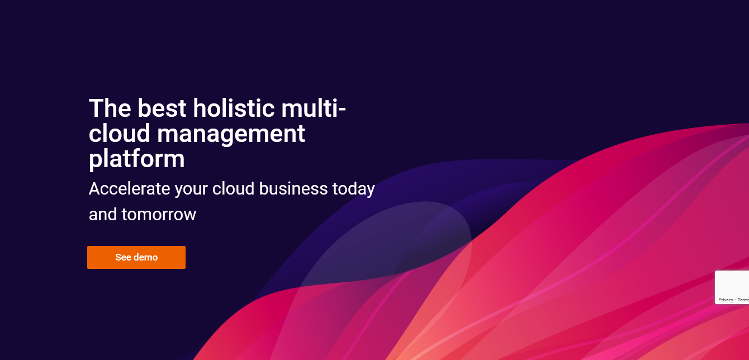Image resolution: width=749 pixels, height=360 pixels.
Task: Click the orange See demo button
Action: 136,257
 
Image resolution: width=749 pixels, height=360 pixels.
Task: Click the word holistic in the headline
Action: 233,107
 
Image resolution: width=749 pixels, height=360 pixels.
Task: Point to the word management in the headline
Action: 231,134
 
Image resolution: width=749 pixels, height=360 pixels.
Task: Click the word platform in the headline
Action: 136,159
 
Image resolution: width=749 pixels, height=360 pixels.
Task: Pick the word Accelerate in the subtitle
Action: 129,189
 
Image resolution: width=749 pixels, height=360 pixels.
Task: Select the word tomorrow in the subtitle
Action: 159,214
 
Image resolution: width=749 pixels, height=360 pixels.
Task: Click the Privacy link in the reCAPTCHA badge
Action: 726,300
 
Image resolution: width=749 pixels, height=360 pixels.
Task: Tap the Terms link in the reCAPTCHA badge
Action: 743,300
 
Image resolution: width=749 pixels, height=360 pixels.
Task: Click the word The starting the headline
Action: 110,107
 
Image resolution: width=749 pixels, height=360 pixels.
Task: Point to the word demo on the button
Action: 146,257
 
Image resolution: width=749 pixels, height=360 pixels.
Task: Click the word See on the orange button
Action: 123,257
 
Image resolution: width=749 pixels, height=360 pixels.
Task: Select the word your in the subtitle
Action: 191,189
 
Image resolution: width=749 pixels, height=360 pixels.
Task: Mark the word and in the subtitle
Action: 103,214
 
